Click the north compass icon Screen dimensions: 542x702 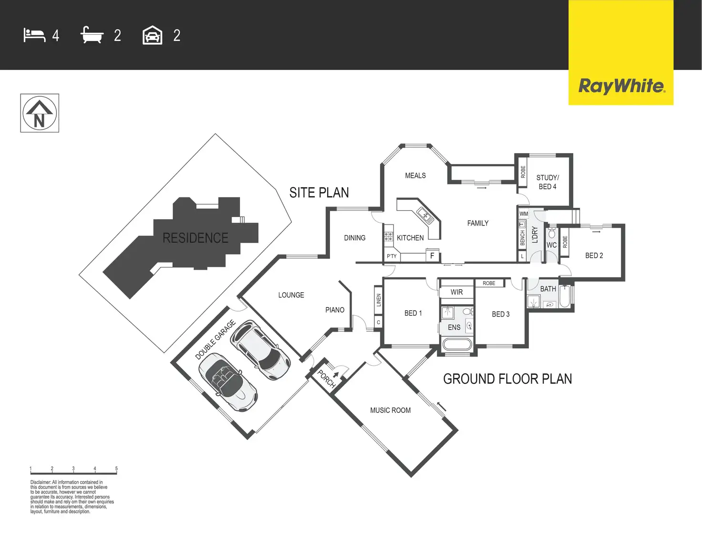(x=40, y=113)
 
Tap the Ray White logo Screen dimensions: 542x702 (x=621, y=86)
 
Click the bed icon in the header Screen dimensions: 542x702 (x=34, y=35)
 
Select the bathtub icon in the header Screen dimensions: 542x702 (x=92, y=35)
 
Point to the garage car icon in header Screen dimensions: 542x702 (x=153, y=35)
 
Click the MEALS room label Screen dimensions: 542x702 (x=415, y=175)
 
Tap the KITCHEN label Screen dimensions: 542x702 (x=410, y=238)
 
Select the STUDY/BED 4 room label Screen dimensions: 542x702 (x=547, y=182)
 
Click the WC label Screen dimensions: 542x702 (x=552, y=245)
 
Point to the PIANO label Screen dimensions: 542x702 (x=335, y=310)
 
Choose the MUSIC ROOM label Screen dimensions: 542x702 (x=390, y=410)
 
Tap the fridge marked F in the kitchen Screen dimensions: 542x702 (x=432, y=256)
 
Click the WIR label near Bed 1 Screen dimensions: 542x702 (x=456, y=292)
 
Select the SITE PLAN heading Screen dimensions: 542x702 (x=319, y=193)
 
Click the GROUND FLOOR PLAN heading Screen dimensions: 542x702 (x=507, y=379)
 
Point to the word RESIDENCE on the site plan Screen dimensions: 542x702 (x=196, y=238)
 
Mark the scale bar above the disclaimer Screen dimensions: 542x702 (x=73, y=473)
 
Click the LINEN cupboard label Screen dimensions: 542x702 (x=379, y=300)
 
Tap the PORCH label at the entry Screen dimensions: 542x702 (x=327, y=378)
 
